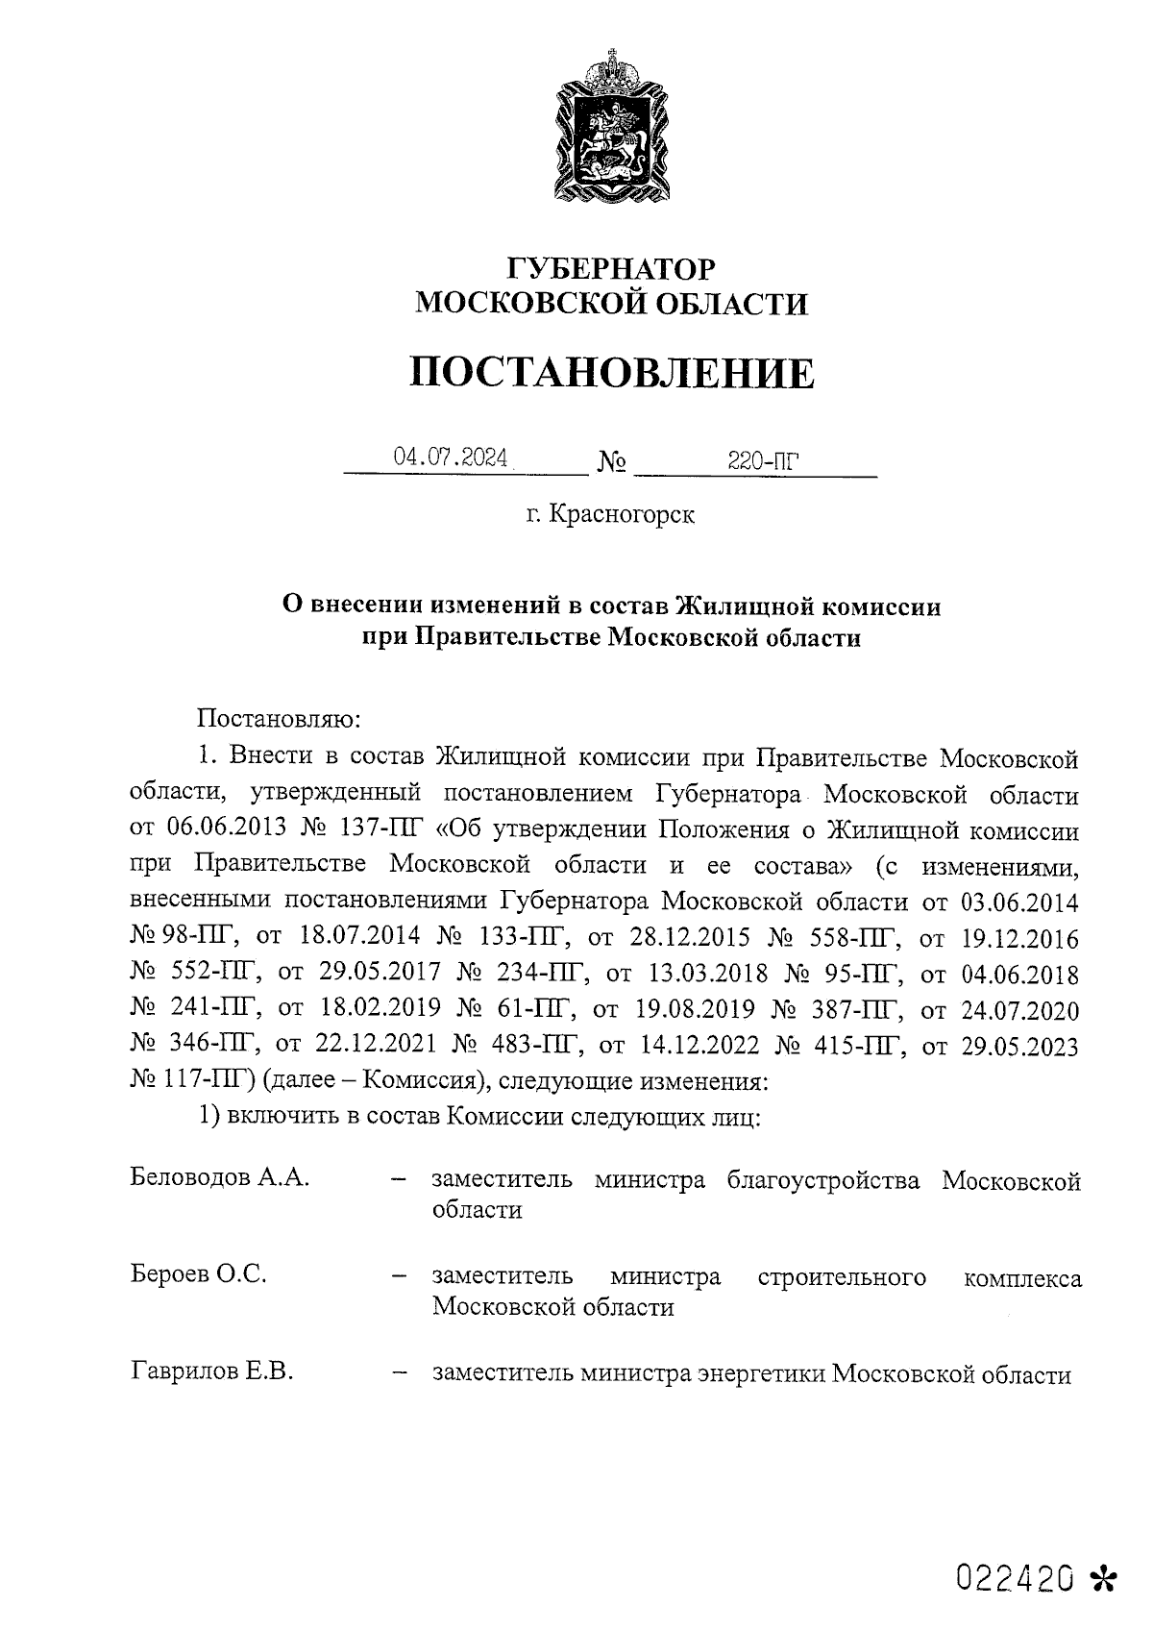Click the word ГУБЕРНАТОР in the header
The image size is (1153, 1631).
click(x=610, y=268)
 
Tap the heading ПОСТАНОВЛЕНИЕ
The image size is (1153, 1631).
click(x=612, y=373)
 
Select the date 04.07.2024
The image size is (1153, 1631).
click(x=450, y=458)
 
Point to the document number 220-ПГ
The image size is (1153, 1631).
click(x=763, y=462)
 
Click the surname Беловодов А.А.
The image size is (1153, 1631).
click(x=220, y=1178)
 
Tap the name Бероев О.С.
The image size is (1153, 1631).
click(x=198, y=1275)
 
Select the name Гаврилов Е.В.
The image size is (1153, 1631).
click(x=211, y=1372)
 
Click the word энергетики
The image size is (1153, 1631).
click(x=760, y=1374)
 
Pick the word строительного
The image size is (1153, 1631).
click(x=842, y=1276)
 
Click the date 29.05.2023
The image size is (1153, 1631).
click(x=1019, y=1046)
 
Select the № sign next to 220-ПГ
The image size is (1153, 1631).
click(x=612, y=464)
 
